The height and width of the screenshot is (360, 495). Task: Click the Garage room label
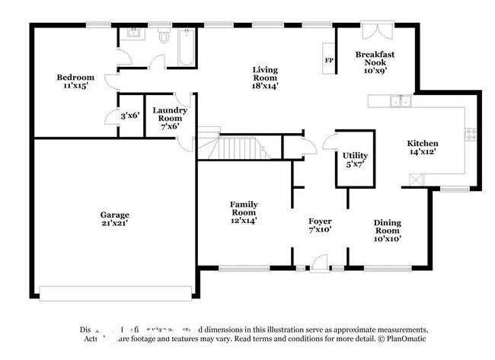coord(114,220)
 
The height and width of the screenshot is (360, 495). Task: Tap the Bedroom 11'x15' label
coord(75,81)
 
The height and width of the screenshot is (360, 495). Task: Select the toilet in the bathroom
coord(164,37)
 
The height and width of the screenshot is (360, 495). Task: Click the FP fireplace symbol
coord(330,60)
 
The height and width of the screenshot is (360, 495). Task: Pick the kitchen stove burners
coord(471,134)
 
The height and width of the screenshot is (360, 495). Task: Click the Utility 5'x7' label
coord(355,159)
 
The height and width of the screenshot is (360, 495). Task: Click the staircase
coord(242,148)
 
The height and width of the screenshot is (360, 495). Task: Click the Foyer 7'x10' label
coord(320,225)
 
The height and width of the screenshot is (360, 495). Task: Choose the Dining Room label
coord(387,230)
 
